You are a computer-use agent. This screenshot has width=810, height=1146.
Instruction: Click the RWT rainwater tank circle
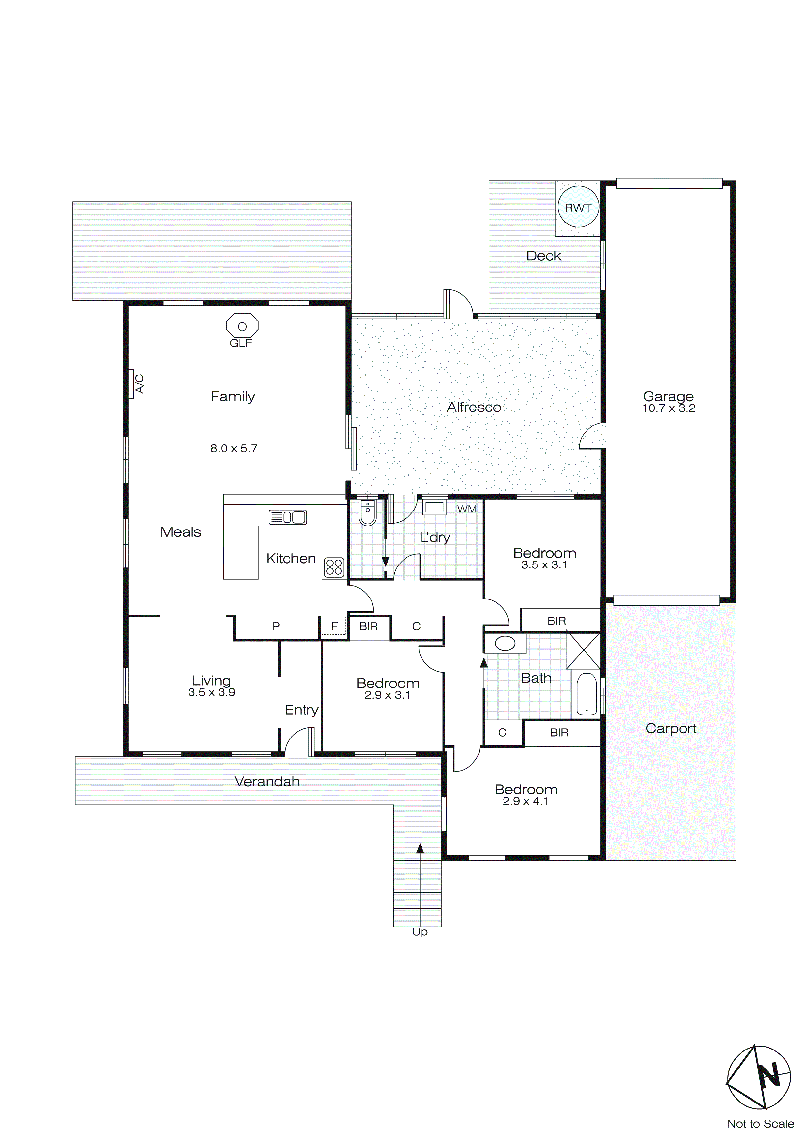578,207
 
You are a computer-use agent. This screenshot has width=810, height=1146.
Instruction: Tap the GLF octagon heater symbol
242,326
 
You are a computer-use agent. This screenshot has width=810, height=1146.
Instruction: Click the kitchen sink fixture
288,517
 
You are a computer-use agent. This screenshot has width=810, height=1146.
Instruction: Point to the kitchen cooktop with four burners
334,567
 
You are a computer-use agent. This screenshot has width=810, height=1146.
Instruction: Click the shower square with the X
583,651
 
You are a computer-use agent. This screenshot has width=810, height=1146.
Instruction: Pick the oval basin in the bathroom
505,643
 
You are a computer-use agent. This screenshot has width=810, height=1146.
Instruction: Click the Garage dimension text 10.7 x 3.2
668,408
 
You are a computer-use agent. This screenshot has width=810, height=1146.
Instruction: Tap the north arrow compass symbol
759,1077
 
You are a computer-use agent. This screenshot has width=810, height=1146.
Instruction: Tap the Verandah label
267,782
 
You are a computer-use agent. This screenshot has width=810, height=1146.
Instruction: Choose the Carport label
670,729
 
